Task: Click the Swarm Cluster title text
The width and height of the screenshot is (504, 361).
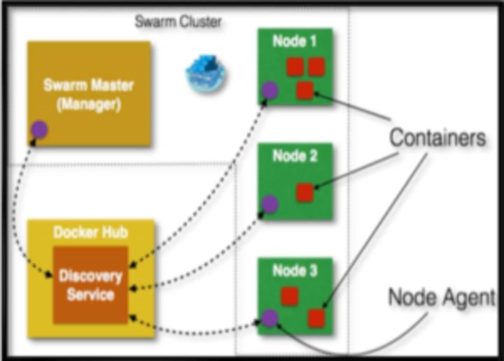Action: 178,22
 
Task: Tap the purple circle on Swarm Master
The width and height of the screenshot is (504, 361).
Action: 39,128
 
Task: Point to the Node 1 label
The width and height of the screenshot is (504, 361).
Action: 295,41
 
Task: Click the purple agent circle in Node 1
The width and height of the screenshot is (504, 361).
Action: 269,90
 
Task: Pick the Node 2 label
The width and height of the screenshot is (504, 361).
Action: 295,155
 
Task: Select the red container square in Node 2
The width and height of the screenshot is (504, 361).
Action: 304,193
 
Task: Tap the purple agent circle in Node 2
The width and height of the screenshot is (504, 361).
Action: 269,204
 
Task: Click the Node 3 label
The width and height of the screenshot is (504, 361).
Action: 295,271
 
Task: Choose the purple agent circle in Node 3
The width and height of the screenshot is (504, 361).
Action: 269,320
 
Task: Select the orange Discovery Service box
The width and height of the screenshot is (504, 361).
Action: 90,285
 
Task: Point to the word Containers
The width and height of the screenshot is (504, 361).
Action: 437,137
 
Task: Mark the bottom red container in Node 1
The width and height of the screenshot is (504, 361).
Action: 304,90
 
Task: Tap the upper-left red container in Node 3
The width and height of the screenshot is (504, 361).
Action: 290,297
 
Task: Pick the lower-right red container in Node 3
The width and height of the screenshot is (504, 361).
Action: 316,318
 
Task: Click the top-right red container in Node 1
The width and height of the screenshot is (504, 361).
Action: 317,66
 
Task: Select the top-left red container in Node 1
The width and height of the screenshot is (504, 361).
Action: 295,67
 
